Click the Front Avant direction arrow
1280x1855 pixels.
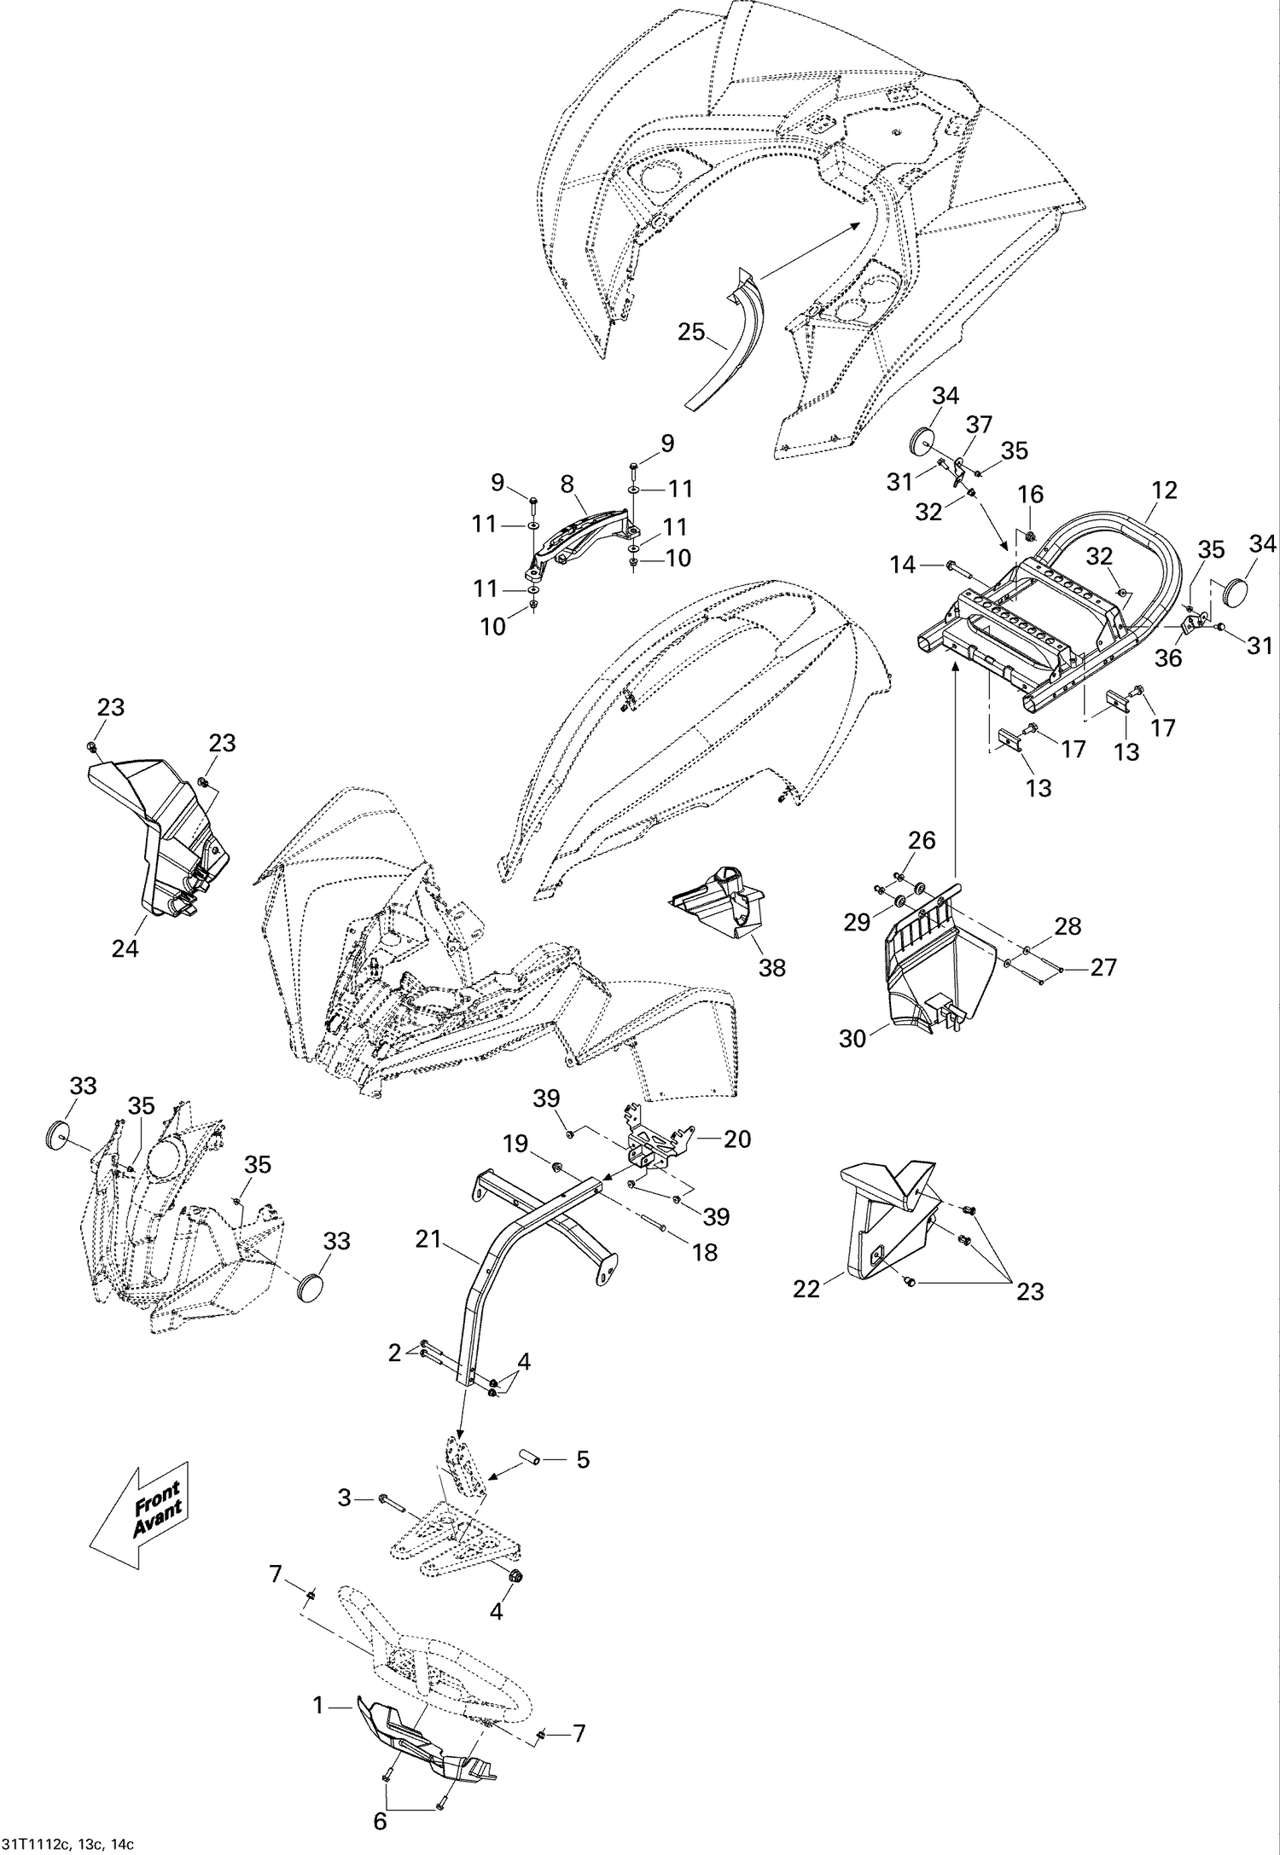(141, 1514)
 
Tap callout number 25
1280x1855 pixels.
(691, 332)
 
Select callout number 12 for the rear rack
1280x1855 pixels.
(1163, 490)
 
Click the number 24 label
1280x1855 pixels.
(125, 948)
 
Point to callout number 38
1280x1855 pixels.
(772, 967)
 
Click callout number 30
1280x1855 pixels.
(852, 1038)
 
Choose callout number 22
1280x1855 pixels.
(806, 1289)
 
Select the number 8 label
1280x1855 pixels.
(567, 484)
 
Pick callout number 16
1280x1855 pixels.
(1030, 494)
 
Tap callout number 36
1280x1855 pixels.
(1168, 658)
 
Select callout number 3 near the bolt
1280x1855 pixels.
(345, 1498)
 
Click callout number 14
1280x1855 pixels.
(902, 565)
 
